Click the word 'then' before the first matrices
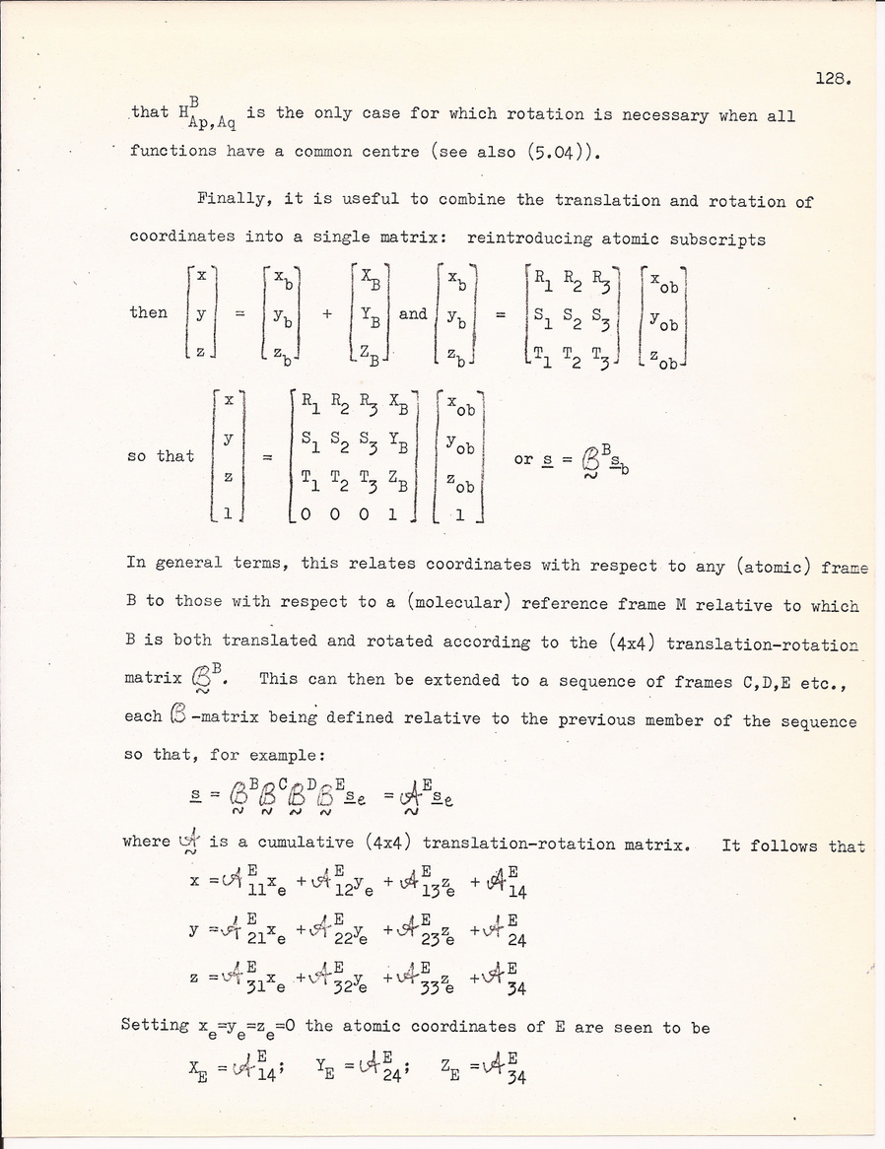pos(149,312)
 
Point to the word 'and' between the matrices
pos(413,313)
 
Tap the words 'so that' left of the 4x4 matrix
pos(162,456)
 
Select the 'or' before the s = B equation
pos(524,459)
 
